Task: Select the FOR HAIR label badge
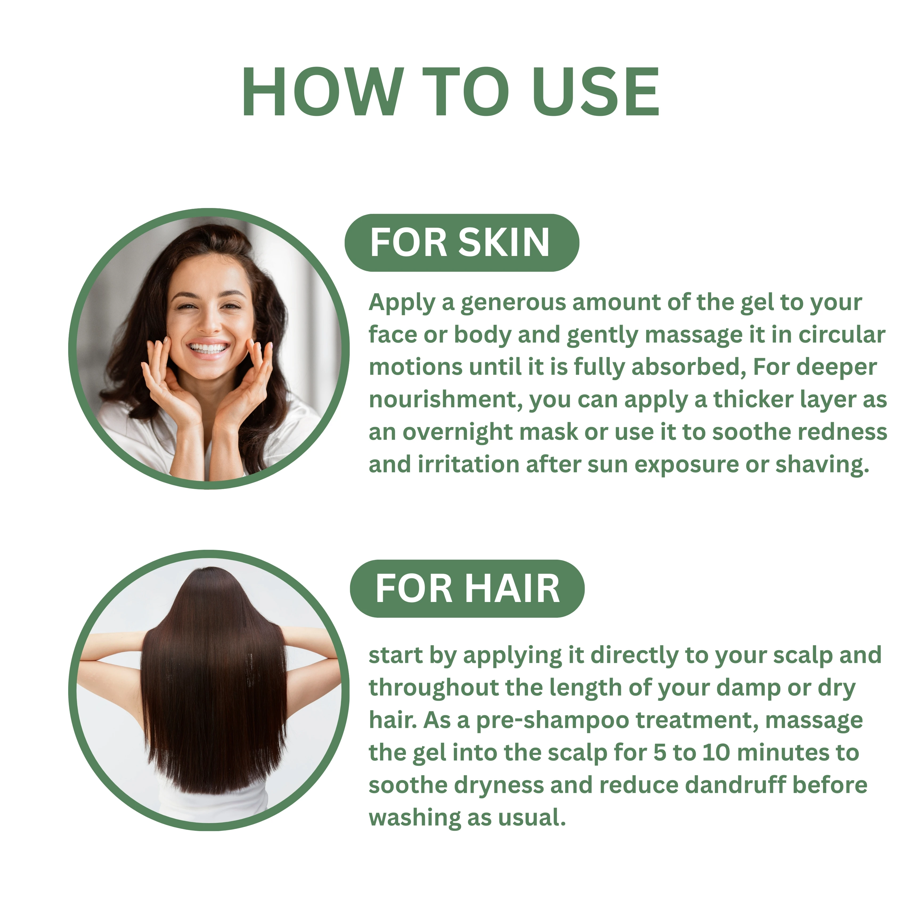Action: pyautogui.click(x=467, y=589)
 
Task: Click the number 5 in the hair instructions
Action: pyautogui.click(x=659, y=753)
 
